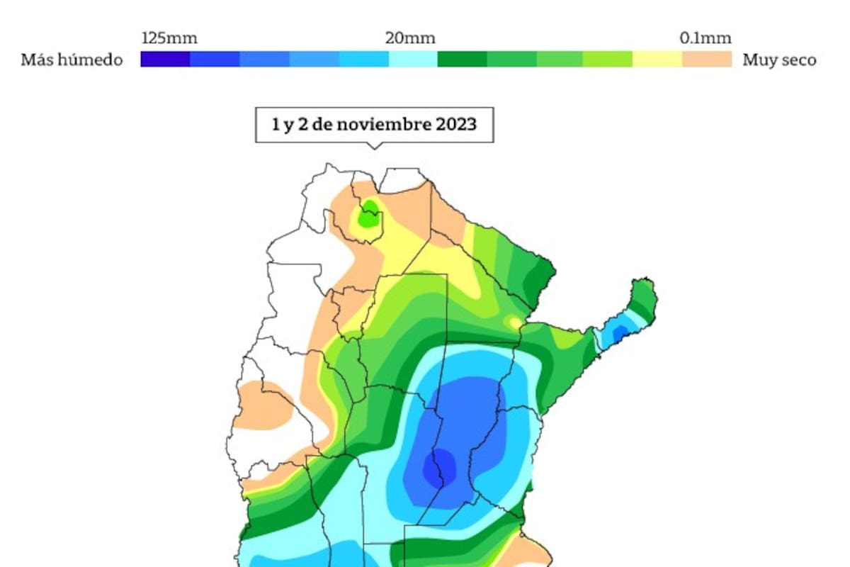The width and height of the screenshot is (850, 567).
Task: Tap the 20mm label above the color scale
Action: tap(410, 38)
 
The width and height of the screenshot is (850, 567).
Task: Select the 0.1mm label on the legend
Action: tap(705, 38)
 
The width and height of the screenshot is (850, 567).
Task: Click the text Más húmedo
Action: tap(72, 60)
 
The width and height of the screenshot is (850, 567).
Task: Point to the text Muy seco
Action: tap(779, 60)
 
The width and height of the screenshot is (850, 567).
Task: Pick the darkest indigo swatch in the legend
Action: tap(165, 60)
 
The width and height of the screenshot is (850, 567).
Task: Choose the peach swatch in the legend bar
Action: tap(707, 60)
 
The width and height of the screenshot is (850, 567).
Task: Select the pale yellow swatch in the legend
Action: tap(657, 60)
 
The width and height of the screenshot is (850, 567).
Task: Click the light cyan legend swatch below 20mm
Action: tap(412, 60)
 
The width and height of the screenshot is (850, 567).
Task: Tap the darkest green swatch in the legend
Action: tap(462, 60)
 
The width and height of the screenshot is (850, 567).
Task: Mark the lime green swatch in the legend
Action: tap(608, 60)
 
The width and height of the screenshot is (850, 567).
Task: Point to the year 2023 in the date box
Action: tap(456, 124)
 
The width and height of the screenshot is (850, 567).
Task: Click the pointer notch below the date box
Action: tap(375, 146)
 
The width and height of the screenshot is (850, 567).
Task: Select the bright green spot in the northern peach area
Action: tap(368, 216)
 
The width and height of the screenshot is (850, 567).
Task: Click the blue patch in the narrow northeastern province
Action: tap(618, 332)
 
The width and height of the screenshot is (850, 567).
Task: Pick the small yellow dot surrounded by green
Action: tap(513, 323)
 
